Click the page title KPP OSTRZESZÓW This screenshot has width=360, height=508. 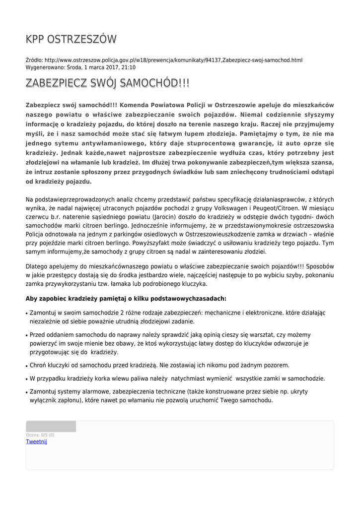coord(71,39)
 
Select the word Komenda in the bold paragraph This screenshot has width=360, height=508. coord(135,105)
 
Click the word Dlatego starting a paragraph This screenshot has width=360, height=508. coord(37,265)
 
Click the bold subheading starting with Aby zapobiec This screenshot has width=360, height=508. coord(126,299)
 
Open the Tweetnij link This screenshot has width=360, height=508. coord(36,442)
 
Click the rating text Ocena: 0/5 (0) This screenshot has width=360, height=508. coord(40,435)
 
